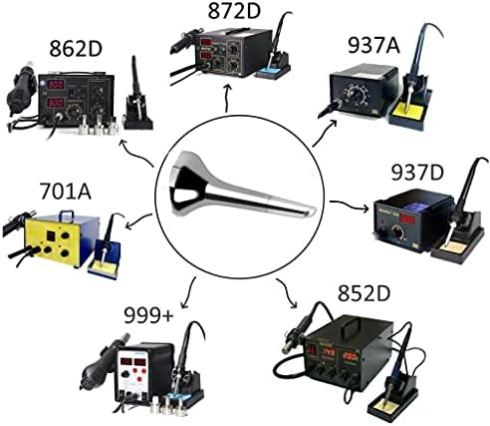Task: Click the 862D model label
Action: pos(75,49)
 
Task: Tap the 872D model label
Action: pos(234,11)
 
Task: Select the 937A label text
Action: pos(373,45)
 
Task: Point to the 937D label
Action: pos(417,173)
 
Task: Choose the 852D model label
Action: pos(364,293)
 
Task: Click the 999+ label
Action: pos(148,315)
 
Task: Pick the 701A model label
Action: pos(65,192)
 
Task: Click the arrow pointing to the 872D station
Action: pos(227,97)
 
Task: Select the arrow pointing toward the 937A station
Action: pos(325,133)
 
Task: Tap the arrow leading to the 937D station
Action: pos(349,205)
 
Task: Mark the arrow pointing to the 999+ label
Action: pos(188,292)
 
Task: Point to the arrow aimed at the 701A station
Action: pos(138,221)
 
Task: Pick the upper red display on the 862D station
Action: pos(56,84)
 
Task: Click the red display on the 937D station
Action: pos(408,219)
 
